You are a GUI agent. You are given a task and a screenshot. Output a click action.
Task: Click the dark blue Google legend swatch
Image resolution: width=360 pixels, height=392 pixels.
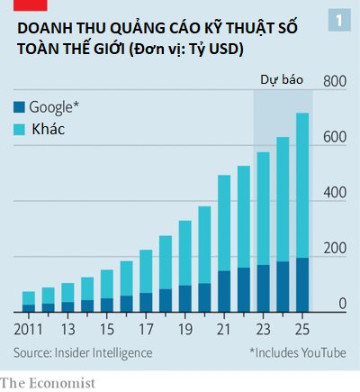coord(20,107)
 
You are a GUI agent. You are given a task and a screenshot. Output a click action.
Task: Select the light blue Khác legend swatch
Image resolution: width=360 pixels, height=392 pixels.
coord(20,130)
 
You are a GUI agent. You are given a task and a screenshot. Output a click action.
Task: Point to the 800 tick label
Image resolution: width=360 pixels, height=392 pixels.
coord(335,82)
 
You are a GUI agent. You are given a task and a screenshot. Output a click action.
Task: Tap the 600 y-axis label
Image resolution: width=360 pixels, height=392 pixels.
coord(335,138)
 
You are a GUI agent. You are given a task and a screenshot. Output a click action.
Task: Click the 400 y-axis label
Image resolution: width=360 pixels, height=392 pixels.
coord(335,194)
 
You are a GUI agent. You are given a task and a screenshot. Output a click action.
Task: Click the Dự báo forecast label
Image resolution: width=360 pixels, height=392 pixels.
coord(281,80)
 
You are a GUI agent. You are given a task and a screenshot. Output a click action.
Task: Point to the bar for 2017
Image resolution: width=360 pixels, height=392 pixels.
coord(145,280)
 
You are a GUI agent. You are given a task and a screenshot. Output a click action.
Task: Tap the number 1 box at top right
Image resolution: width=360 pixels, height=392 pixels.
coord(338,19)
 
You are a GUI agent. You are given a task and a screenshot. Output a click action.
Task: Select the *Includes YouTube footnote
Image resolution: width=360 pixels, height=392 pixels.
coord(297,351)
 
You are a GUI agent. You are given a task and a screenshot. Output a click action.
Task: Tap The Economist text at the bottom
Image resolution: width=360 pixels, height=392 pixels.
coord(47,383)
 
